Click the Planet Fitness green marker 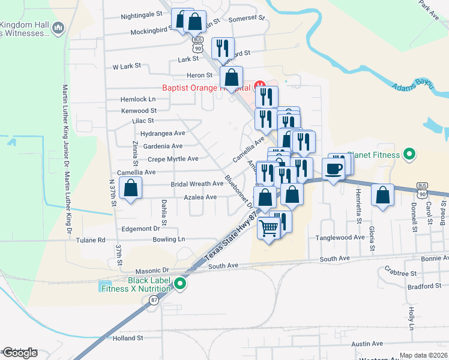409,155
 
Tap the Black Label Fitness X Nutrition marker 179,284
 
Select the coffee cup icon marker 334,169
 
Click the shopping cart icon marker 269,227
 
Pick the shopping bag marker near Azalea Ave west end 130,189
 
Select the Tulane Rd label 91,240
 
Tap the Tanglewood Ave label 341,238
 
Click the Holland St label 127,338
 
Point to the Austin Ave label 367,344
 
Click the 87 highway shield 154,299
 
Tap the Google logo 20,353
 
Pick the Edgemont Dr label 140,229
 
